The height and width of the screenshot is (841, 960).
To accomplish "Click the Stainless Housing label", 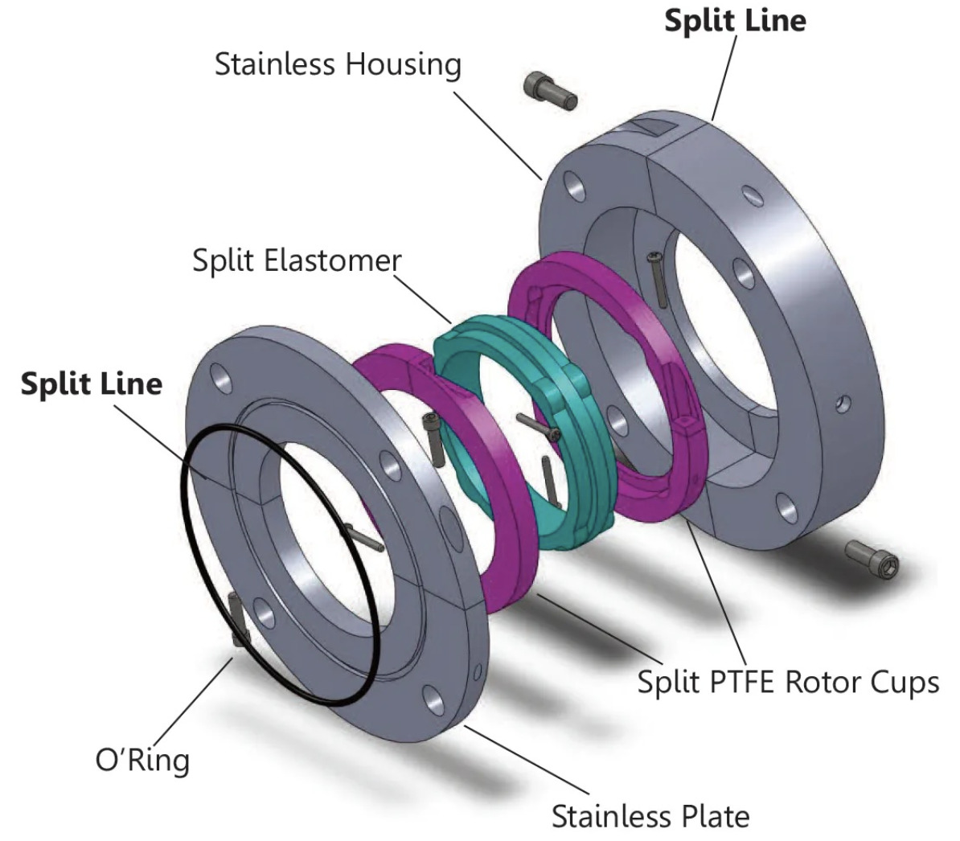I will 338,64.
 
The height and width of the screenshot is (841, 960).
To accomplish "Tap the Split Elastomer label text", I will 296,261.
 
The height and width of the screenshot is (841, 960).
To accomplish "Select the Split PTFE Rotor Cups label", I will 787,683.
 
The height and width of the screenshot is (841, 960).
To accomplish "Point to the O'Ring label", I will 142,759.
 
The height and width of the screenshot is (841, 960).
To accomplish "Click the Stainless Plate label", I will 650,816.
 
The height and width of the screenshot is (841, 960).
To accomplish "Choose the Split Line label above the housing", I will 734,21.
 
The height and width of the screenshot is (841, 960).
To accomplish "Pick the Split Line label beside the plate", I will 91,384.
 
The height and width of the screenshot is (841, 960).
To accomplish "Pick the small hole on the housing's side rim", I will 842,402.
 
